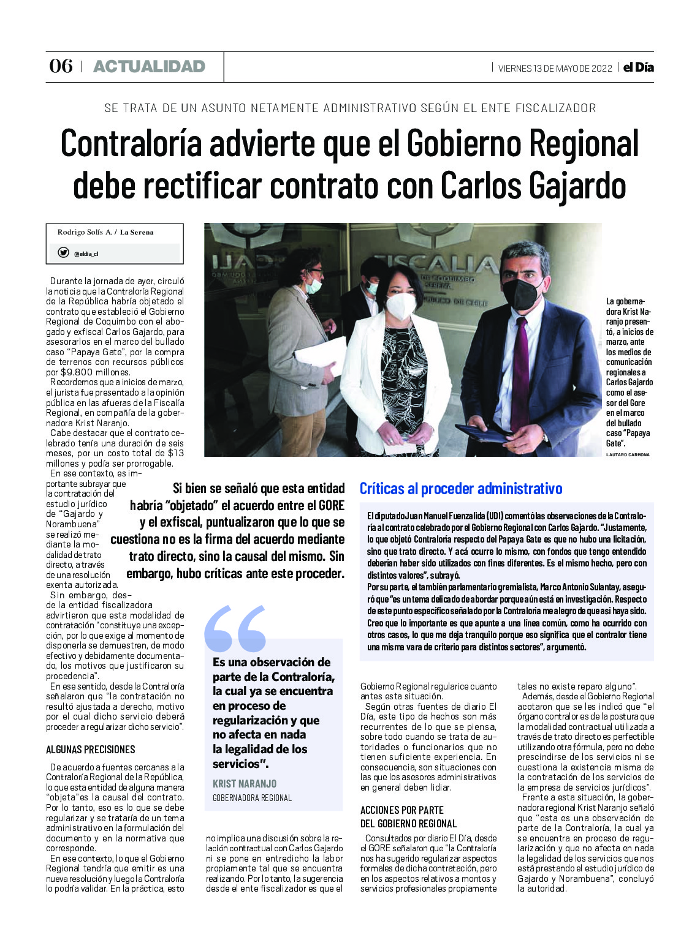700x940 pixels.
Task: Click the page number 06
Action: (61, 66)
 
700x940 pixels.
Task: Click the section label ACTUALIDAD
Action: (149, 66)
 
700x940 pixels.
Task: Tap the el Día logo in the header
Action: (638, 67)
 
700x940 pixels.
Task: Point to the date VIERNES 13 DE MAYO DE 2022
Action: (555, 68)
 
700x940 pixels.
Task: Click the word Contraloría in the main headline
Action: (131, 144)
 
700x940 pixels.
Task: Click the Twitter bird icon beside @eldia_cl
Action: (63, 252)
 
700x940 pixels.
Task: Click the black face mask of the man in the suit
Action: (522, 292)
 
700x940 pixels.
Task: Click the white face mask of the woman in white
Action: (401, 305)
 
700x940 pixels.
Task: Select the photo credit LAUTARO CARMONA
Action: (628, 454)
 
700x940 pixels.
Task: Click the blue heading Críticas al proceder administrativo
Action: (460, 489)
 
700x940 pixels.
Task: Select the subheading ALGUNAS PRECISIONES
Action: (91, 750)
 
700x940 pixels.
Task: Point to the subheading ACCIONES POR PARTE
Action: (401, 810)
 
